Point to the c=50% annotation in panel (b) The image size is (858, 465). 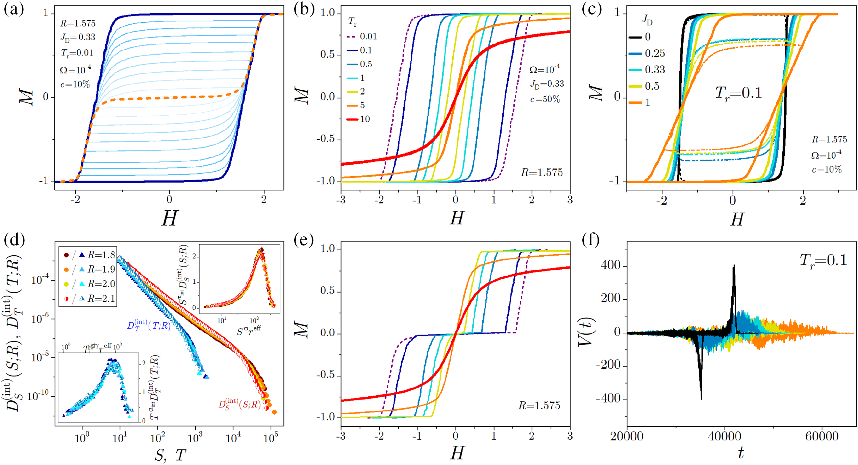[x=545, y=99]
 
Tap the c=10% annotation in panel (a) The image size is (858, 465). [x=75, y=84]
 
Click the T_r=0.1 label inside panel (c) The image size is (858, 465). [x=738, y=93]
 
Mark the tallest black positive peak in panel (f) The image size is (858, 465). [x=734, y=266]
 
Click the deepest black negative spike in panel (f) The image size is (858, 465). [x=701, y=398]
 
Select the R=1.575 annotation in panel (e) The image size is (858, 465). [x=539, y=405]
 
